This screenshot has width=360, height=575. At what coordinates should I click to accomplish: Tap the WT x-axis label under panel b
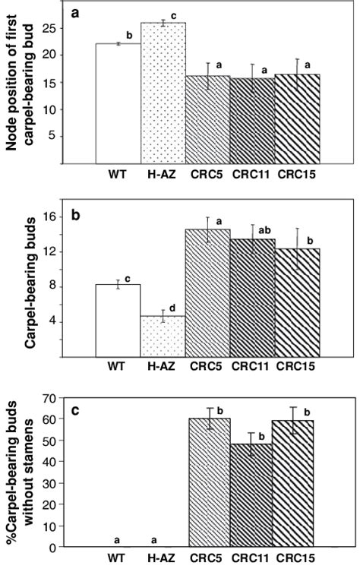(x=116, y=367)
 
